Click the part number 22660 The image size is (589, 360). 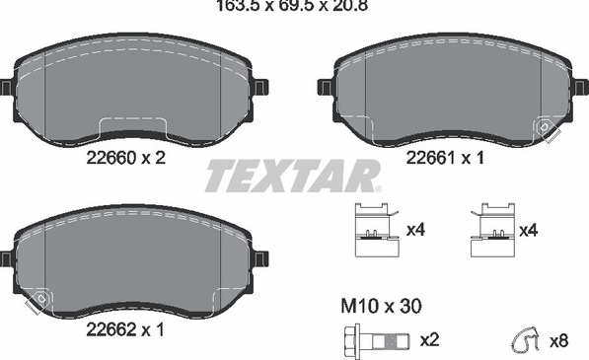pos(110,158)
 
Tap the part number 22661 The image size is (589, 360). pos(430,158)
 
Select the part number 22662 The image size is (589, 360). pos(110,330)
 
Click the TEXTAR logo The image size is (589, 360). pos(293,177)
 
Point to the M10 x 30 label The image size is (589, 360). pos(381,306)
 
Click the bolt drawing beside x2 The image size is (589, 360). pos(377,340)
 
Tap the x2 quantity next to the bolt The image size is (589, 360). pos(429,340)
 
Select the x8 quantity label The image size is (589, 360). pos(559,341)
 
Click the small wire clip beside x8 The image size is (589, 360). pos(526,340)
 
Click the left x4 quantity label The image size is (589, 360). pos(415,230)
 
